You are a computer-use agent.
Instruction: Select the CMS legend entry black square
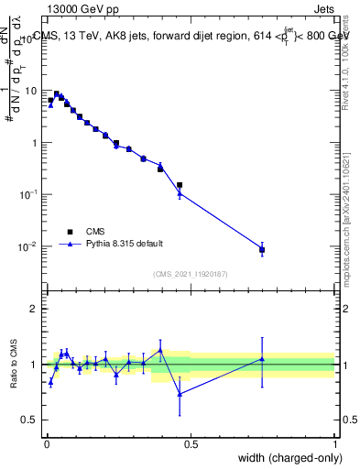click(x=70, y=232)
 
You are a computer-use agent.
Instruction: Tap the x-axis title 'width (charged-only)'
click(x=285, y=459)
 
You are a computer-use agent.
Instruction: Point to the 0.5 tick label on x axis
click(x=191, y=444)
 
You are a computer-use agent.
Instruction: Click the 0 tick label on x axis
click(x=47, y=444)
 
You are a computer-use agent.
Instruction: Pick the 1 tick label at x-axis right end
click(x=334, y=444)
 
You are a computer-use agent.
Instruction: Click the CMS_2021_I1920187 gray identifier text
click(x=190, y=272)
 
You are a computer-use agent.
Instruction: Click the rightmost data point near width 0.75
click(x=262, y=249)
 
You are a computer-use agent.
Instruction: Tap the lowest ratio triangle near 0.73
click(x=180, y=393)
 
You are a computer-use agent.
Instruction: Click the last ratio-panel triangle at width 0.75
click(x=262, y=359)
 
